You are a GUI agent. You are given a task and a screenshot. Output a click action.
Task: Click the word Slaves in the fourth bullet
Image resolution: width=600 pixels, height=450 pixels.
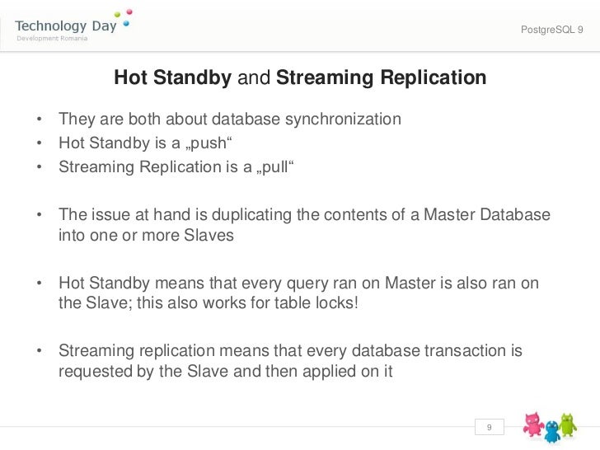point(211,235)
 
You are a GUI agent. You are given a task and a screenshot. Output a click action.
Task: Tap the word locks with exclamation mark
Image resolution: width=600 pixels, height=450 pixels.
point(336,302)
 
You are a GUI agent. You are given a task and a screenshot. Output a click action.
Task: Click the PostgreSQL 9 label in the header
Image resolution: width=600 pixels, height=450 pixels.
point(551,30)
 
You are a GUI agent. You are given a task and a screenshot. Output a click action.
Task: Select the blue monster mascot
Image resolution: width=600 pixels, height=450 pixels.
point(551,430)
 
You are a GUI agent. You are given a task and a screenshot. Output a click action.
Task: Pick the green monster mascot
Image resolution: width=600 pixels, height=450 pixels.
point(568,424)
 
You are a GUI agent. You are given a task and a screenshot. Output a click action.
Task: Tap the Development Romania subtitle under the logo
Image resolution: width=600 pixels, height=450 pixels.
point(50,39)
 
